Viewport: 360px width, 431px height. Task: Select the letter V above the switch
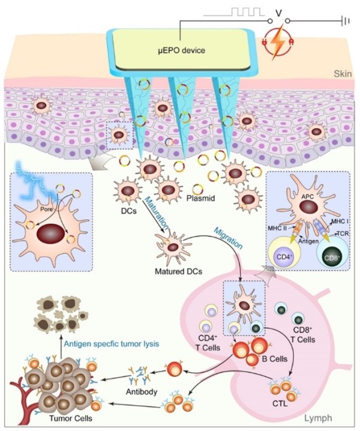tap(277, 12)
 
